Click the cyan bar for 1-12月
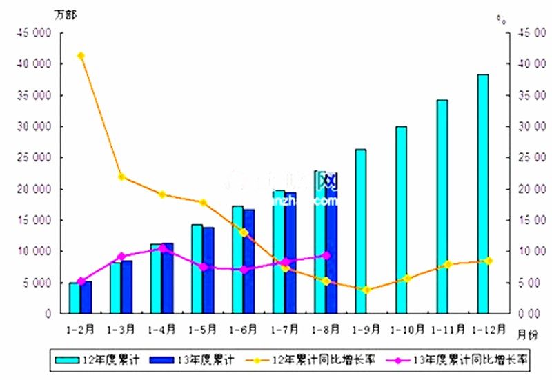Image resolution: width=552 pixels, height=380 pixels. (483, 194)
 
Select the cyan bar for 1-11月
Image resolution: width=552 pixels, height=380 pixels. (442, 207)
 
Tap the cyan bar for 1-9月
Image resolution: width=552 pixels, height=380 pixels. (361, 231)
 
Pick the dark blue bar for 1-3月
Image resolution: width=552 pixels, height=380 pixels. (127, 287)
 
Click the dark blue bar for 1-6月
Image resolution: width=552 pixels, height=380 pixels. (249, 261)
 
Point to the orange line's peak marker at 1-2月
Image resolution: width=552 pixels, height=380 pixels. (81, 56)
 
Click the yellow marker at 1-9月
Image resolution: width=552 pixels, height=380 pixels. (366, 290)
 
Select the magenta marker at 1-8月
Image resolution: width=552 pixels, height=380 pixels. (326, 255)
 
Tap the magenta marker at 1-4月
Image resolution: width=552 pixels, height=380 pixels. (162, 248)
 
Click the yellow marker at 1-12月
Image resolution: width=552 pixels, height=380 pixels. (489, 261)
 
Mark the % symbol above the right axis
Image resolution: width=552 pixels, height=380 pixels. (501, 19)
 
